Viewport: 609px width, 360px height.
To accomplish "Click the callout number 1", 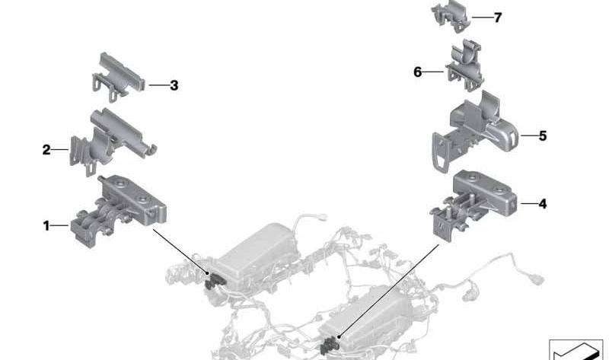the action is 46,225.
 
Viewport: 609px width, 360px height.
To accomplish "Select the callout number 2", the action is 46,149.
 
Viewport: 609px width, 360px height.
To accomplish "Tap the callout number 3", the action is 174,85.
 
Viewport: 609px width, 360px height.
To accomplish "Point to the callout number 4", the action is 543,204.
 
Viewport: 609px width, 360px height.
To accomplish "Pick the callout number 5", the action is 543,136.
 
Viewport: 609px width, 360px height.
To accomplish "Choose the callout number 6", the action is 417,72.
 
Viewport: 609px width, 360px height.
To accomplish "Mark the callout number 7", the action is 498,18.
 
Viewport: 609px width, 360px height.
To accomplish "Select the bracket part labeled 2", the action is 113,142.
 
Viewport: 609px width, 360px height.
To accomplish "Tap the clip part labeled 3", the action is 119,78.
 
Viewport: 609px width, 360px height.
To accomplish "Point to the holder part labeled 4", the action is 473,205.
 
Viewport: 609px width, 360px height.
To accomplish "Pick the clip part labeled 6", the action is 464,65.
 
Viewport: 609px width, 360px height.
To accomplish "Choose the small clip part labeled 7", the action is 451,16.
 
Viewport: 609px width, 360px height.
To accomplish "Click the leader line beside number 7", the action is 482,18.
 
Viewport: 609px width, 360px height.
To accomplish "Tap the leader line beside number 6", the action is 433,72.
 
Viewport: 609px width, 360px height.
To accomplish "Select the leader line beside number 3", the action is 158,85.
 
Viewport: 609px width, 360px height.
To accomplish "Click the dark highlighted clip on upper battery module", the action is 213,280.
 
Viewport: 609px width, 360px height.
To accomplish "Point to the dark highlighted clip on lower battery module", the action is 330,345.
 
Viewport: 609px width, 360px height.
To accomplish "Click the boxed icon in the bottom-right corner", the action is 576,349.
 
